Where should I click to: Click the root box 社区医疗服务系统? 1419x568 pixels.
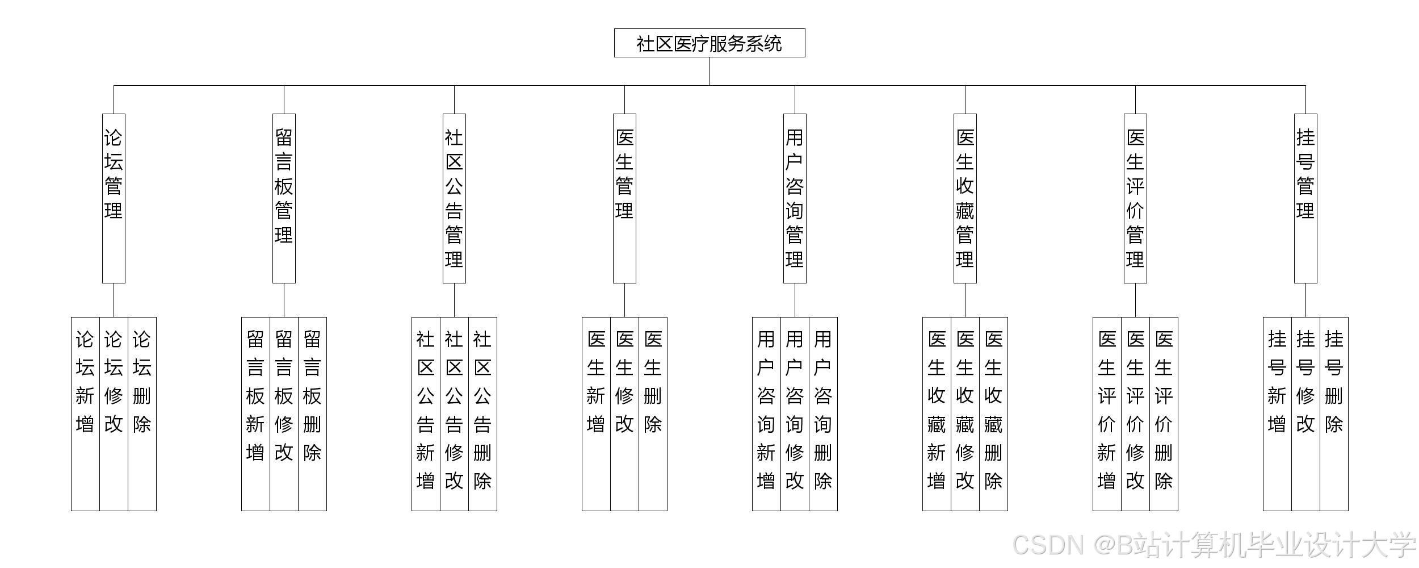[709, 43]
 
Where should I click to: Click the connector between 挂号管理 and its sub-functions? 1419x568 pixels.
[1305, 300]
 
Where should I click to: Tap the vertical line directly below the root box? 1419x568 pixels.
[709, 71]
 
